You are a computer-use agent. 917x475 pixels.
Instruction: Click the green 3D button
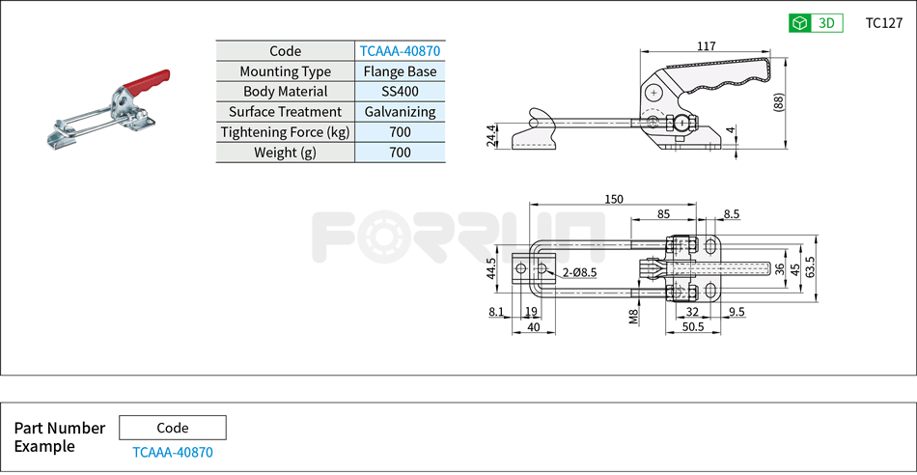[816, 23]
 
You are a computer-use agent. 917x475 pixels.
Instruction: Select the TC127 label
[883, 23]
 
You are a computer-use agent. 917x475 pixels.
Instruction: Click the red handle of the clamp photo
[150, 81]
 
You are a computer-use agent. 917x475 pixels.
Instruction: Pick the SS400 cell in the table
[400, 92]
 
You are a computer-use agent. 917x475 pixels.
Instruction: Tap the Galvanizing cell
[400, 112]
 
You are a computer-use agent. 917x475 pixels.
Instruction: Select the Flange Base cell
[400, 71]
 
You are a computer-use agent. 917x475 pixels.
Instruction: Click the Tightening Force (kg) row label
[285, 132]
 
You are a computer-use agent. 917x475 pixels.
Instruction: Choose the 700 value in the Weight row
[400, 153]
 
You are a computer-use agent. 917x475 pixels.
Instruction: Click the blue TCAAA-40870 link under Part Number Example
[172, 452]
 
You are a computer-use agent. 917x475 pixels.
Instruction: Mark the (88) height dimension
[778, 102]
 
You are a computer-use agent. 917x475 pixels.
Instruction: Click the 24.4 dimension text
[492, 136]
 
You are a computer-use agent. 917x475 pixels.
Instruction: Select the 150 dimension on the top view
[613, 199]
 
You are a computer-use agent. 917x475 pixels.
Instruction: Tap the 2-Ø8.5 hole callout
[579, 274]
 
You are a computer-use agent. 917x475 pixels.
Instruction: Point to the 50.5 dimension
[691, 327]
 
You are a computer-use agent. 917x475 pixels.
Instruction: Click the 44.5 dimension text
[491, 267]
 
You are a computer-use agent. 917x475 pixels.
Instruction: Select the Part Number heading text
[60, 428]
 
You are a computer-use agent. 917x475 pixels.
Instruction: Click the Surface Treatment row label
[285, 112]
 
